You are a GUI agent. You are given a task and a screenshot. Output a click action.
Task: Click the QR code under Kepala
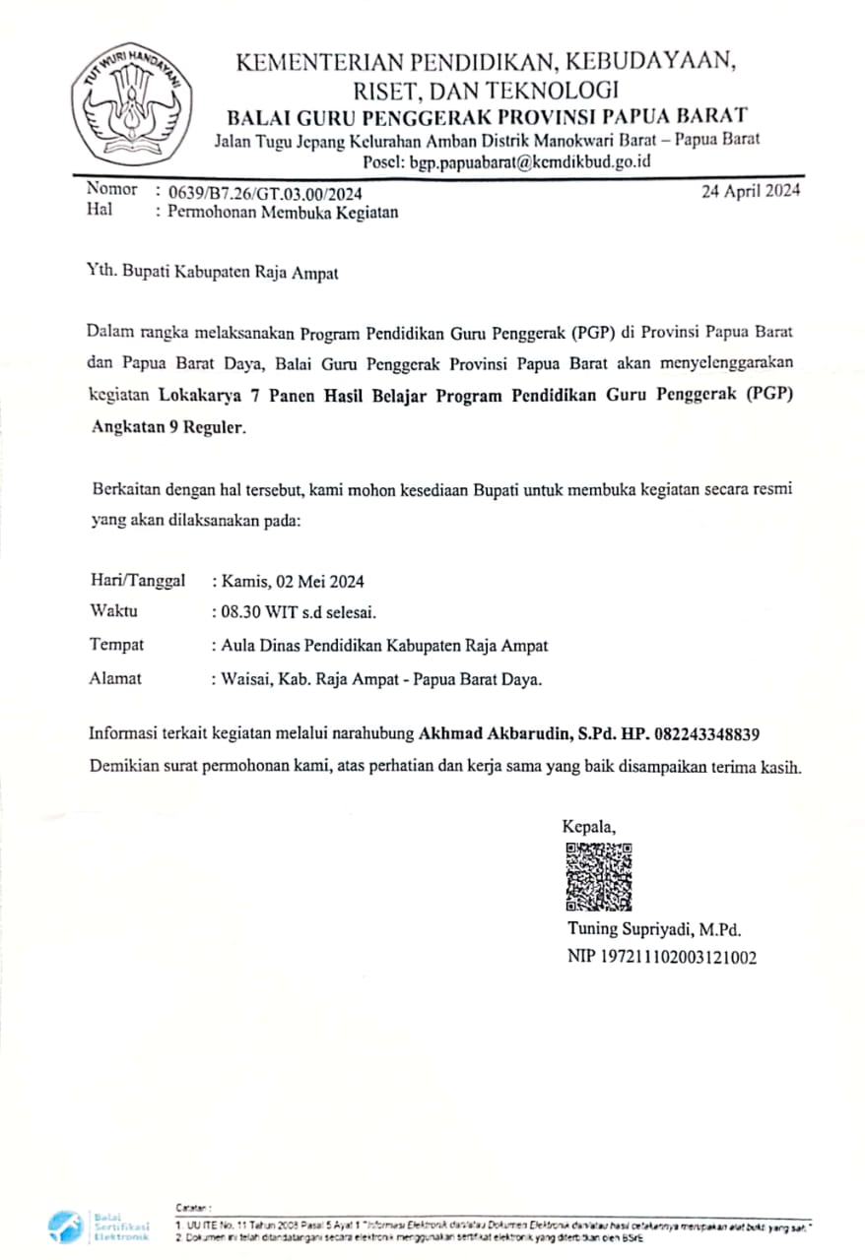coord(599,876)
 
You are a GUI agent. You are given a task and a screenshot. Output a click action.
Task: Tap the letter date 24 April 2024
coord(751,191)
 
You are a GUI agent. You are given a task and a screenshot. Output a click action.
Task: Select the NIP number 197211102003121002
coord(662,957)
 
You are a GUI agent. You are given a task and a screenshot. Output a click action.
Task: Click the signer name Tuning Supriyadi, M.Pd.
coord(653,929)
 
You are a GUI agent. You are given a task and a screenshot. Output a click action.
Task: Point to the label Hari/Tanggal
coord(137,582)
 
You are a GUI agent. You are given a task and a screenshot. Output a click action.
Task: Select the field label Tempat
coord(116,645)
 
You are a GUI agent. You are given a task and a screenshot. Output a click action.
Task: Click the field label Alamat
coord(115,677)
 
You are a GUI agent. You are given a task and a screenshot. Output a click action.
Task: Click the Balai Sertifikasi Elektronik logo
coord(99,1225)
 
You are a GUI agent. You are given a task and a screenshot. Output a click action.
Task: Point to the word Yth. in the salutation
coord(101,274)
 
